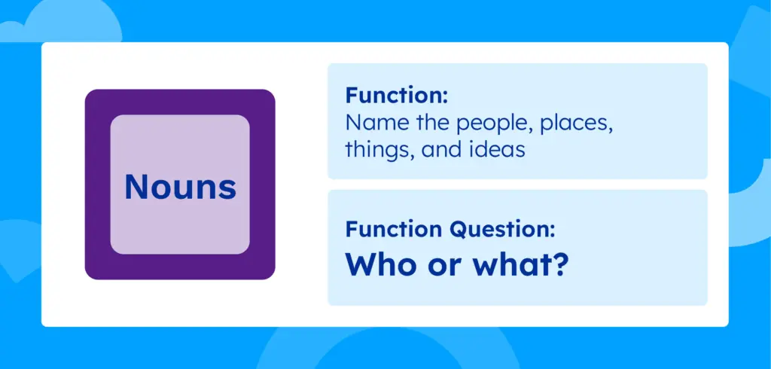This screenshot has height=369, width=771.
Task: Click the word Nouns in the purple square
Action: (180, 186)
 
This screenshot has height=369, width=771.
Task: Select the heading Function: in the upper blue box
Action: (396, 96)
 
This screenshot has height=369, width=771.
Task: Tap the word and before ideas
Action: (441, 149)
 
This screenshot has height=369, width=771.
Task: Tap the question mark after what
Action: (558, 264)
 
